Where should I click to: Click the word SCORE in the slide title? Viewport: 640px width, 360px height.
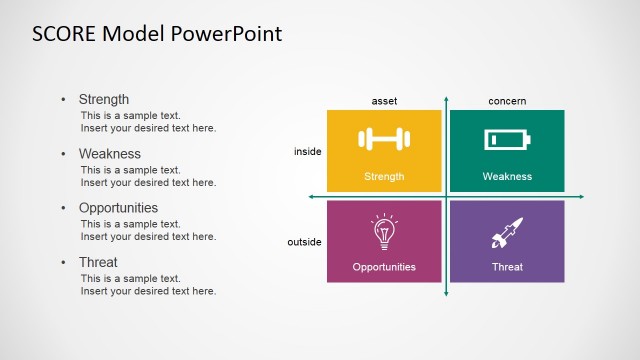64,34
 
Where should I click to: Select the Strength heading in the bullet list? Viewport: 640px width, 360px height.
104,99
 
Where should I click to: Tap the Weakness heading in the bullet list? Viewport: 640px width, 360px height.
109,154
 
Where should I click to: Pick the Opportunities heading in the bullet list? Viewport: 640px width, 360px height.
118,208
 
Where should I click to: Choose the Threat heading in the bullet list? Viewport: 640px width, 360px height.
98,262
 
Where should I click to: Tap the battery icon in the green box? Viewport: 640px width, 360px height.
506,139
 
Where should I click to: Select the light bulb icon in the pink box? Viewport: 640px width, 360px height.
384,232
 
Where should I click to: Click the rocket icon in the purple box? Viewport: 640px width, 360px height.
506,233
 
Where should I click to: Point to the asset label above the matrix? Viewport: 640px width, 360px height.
384,101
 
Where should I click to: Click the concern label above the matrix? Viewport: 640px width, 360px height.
507,101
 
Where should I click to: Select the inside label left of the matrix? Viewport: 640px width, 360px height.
307,151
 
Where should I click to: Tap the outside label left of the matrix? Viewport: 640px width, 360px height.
305,242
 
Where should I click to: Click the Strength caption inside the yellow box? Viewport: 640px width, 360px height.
384,177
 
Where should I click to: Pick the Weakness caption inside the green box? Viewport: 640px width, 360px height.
507,177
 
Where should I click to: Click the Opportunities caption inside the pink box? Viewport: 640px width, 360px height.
384,267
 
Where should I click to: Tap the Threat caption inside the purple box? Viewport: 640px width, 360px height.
507,267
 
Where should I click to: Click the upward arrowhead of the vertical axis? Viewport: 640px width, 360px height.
446,98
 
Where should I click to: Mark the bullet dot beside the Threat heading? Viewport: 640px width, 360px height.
64,263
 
